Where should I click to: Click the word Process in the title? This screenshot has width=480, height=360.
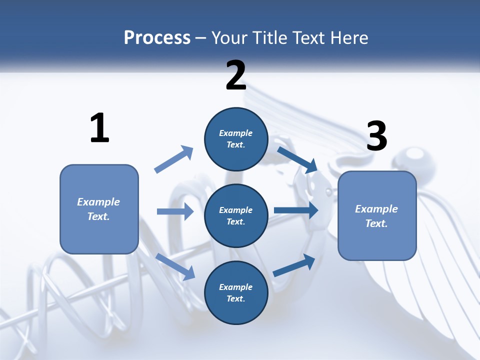[x=157, y=38]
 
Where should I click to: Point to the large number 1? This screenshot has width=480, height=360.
[x=99, y=128]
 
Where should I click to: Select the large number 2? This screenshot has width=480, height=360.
[x=236, y=76]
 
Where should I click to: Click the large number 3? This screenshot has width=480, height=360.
[x=376, y=136]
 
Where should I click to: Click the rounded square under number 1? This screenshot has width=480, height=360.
[x=99, y=209]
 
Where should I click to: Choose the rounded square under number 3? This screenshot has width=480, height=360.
[x=377, y=216]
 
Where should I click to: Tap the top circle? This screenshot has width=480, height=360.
[x=236, y=139]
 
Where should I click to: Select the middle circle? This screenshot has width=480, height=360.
[x=236, y=215]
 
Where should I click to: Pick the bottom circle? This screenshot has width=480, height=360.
[x=236, y=292]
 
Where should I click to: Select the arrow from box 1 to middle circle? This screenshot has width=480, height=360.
[x=175, y=211]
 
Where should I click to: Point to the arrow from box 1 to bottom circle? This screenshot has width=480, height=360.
[x=175, y=266]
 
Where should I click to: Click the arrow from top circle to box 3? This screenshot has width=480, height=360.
[x=297, y=159]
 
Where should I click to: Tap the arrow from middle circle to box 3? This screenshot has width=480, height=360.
[x=296, y=210]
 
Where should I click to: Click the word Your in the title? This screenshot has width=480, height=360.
[x=230, y=38]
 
